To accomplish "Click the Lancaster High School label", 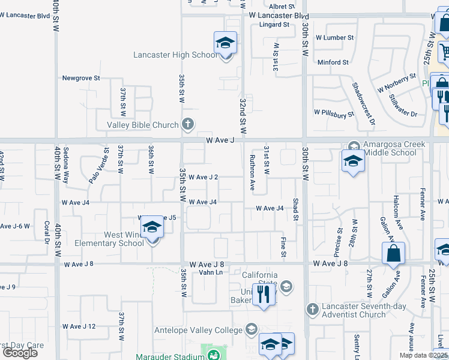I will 175,55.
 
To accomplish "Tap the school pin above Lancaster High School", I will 226,43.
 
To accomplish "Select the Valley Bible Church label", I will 143,125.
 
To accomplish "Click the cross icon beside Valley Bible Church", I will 187,124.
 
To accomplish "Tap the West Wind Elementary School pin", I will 152,228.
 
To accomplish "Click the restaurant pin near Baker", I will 263,294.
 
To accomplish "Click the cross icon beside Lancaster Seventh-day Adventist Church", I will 312,310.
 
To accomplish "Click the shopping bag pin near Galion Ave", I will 393,254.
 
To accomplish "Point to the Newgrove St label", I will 81,78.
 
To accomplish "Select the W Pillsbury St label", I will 335,112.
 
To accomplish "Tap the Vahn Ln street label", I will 211,272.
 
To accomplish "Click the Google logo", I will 20,353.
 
